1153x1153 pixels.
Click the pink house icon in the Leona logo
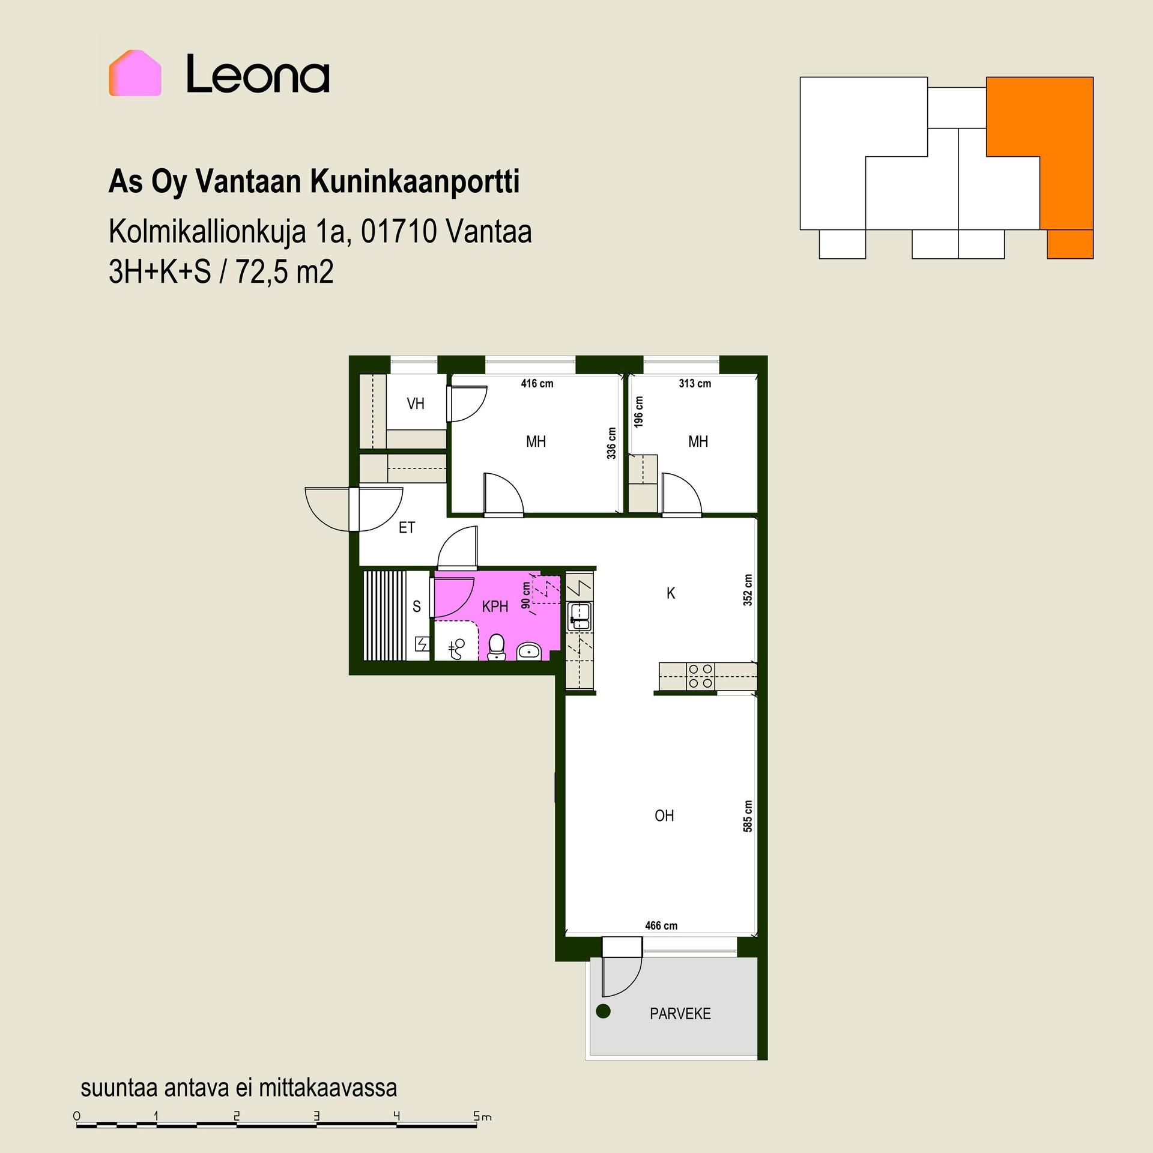(x=135, y=73)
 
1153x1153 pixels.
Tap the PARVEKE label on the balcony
(x=680, y=1014)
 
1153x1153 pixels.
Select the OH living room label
(x=664, y=816)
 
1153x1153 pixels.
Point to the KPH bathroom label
(x=495, y=607)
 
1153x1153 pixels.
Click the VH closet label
(x=416, y=404)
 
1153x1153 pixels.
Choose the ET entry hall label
(x=407, y=527)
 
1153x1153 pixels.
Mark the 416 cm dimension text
(x=537, y=383)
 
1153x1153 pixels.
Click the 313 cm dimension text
(x=695, y=383)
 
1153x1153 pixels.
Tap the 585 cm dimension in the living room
(x=748, y=816)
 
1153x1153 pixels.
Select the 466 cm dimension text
(x=661, y=925)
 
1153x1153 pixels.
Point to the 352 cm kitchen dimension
(x=748, y=590)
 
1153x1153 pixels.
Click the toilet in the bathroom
(x=496, y=647)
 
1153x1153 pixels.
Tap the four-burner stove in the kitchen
(x=700, y=676)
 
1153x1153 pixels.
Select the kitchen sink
(x=580, y=617)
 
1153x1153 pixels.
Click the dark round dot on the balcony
(x=603, y=1011)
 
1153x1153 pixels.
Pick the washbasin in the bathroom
(x=529, y=650)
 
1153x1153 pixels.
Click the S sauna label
(x=417, y=607)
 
